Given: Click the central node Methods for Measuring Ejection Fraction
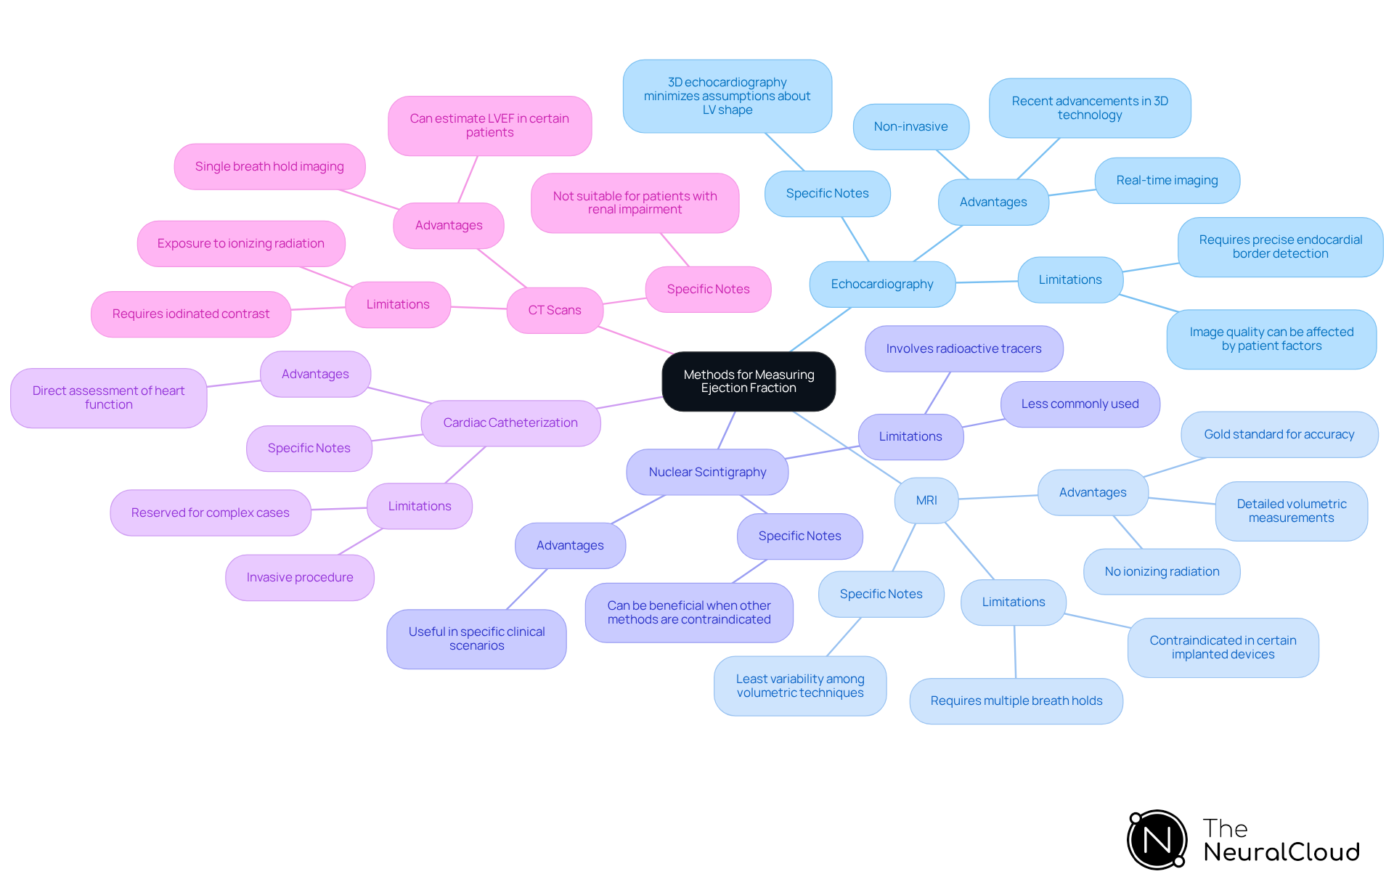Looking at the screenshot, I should pos(749,381).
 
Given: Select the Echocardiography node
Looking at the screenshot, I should pos(882,284).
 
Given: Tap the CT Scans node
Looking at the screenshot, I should pos(555,310).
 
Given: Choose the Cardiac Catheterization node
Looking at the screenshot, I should pos(510,422).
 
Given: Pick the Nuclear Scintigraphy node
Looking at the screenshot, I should pos(707,472).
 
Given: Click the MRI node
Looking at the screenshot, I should pos(926,500).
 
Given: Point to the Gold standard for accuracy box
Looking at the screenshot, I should pos(1279,434).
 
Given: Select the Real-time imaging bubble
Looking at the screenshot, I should pos(1167,180).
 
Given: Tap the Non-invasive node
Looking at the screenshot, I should pos(910,126).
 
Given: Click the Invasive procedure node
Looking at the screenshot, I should pos(300,577).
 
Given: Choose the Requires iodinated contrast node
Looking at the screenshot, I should pos(191,314).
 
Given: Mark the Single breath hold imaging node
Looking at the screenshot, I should pos(269,166).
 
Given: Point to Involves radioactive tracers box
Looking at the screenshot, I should pos(963,348).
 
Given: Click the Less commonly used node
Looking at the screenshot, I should pos(1080,404).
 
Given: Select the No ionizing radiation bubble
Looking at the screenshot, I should pos(1162,571).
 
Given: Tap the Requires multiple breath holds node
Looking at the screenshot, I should pos(1016,701).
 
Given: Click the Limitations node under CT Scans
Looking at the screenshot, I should pos(398,304).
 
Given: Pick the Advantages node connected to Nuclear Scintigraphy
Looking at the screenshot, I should pos(570,545).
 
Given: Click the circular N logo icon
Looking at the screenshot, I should pos(1157,840).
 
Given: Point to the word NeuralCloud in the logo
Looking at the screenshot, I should pos(1281,852).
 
